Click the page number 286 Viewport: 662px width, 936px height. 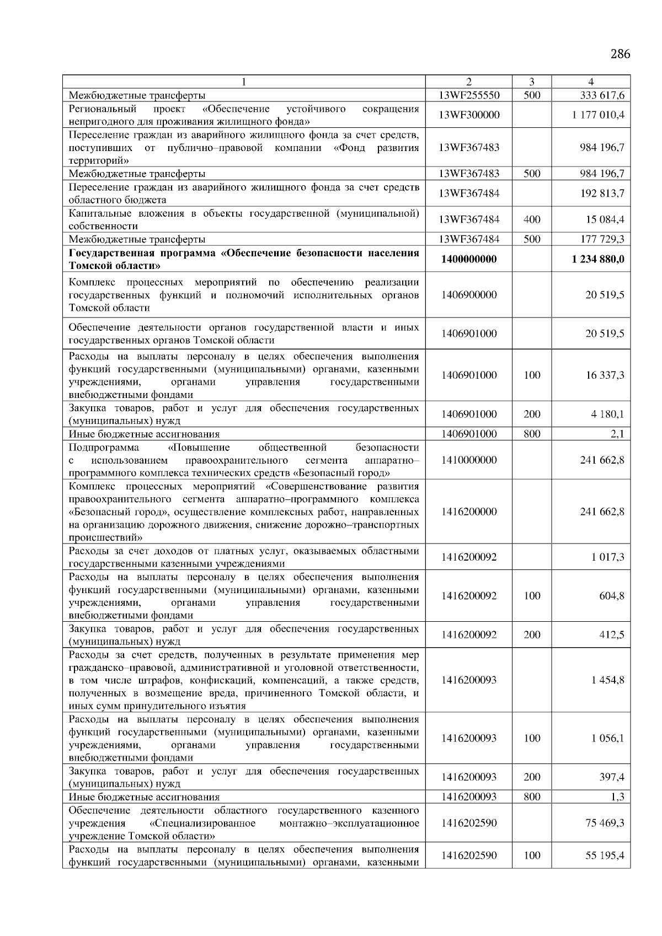620,54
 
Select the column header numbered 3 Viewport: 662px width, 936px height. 531,82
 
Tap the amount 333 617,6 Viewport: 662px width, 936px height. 602,95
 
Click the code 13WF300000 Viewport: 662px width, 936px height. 468,115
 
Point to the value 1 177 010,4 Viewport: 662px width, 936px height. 598,115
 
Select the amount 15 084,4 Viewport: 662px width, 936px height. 605,219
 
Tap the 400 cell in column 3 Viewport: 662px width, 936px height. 531,219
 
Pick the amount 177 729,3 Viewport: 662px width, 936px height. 602,239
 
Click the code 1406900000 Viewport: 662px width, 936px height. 468,295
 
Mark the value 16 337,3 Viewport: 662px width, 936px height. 605,375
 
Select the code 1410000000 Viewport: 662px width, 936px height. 468,460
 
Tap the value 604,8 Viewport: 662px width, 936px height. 612,596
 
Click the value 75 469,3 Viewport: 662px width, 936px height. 605,823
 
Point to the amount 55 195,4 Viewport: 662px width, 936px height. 605,856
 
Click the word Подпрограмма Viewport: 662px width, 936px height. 104,447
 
